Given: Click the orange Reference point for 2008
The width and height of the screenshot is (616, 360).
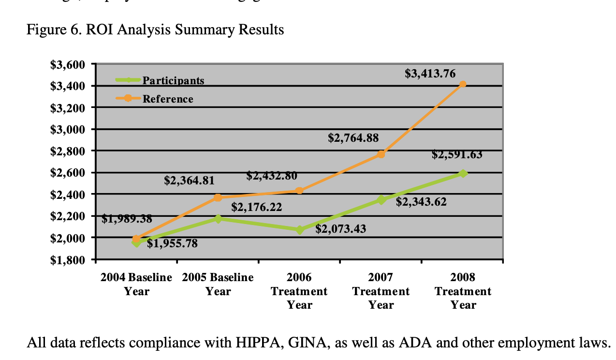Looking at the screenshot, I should pyautogui.click(x=463, y=84).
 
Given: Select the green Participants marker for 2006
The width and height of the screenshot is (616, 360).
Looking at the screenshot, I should pyautogui.click(x=300, y=230).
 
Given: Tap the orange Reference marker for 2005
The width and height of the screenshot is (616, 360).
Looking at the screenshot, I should pyautogui.click(x=218, y=197).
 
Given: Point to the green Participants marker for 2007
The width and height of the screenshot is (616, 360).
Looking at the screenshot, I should pyautogui.click(x=381, y=200).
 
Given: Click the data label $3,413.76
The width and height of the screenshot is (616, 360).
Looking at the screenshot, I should pyautogui.click(x=430, y=74).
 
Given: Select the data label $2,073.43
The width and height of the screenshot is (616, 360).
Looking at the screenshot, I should pyautogui.click(x=340, y=228).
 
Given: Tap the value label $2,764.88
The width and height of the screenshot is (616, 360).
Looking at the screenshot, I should pyautogui.click(x=353, y=138).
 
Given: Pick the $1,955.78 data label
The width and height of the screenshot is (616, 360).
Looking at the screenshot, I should pyautogui.click(x=172, y=243).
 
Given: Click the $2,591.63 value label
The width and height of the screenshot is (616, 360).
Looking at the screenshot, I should pyautogui.click(x=456, y=155).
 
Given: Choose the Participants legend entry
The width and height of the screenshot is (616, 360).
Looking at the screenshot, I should pyautogui.click(x=173, y=81).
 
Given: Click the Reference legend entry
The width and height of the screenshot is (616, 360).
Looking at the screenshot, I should pyautogui.click(x=167, y=99).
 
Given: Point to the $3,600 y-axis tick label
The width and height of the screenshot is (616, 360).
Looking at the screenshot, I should pyautogui.click(x=68, y=64).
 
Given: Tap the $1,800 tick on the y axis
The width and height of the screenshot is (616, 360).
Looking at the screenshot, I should pyautogui.click(x=68, y=260).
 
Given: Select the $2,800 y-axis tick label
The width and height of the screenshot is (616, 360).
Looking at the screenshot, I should pyautogui.click(x=68, y=151).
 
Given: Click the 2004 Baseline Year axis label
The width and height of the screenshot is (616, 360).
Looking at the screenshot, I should pyautogui.click(x=136, y=285).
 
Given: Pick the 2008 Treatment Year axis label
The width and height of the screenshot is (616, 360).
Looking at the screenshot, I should pyautogui.click(x=463, y=291).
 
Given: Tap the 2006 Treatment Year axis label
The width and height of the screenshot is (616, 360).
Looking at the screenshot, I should pyautogui.click(x=299, y=291).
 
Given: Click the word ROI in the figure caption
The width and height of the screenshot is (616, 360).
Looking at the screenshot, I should pyautogui.click(x=99, y=30).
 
